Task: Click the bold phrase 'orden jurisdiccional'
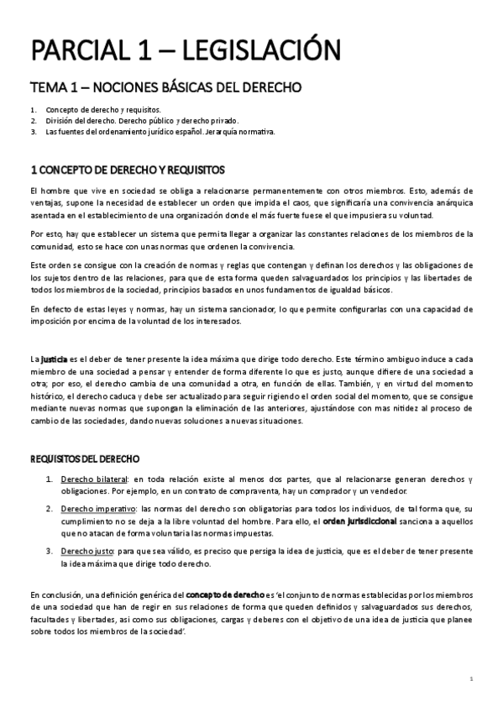[359, 521]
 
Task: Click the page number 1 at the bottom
[472, 678]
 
